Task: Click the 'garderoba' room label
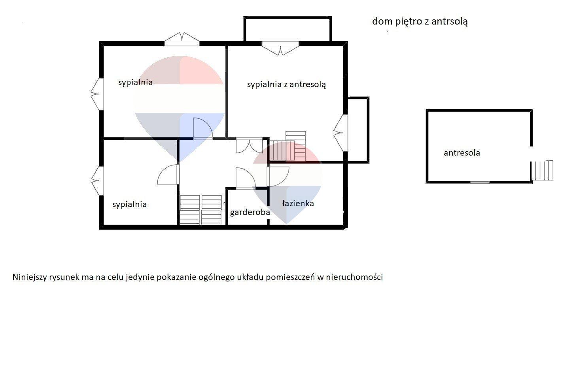[250, 213]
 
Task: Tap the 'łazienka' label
[298, 203]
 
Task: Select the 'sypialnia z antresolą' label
[286, 85]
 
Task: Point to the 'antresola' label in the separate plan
[462, 153]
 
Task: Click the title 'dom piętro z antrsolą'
[420, 21]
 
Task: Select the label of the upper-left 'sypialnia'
[135, 82]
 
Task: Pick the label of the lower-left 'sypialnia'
[129, 204]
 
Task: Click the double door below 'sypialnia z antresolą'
[249, 146]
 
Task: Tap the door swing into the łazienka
[278, 176]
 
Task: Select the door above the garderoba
[246, 178]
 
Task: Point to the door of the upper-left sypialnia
[203, 129]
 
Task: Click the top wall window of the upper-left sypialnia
[182, 40]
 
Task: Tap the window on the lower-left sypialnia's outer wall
[97, 181]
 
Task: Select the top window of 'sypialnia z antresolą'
[280, 48]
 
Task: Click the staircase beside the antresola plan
[542, 170]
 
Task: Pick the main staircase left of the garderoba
[201, 210]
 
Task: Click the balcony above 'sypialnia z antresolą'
[288, 29]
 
